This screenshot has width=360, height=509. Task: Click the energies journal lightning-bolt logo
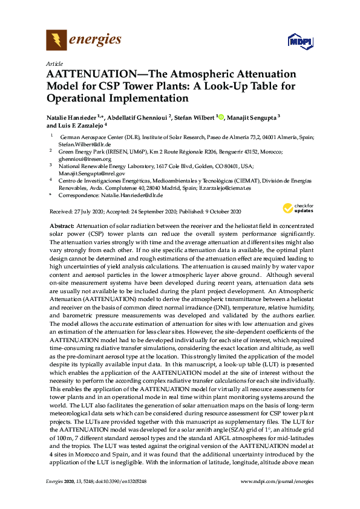click(56, 40)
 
